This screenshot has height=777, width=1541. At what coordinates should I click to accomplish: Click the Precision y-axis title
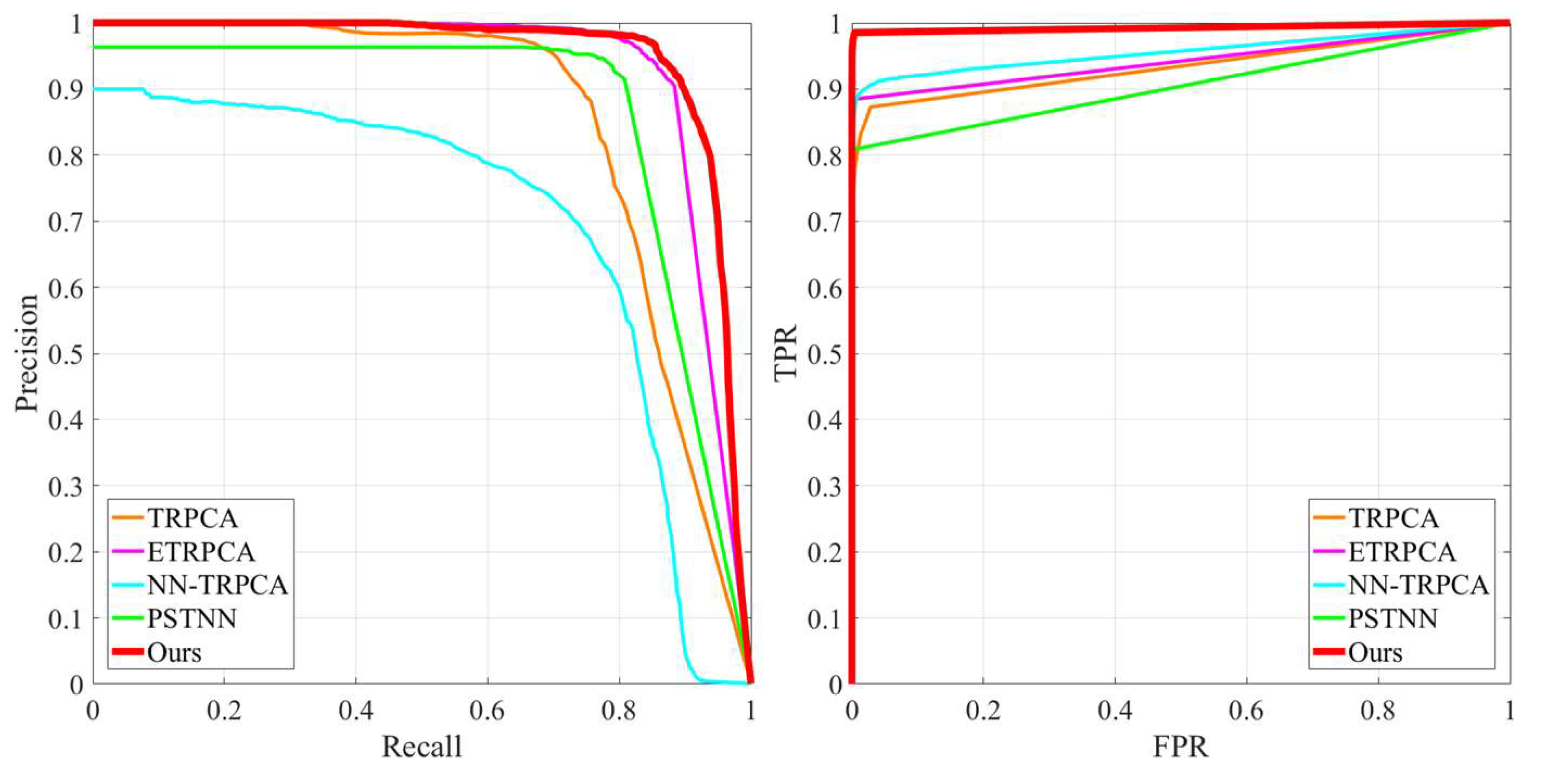click(27, 353)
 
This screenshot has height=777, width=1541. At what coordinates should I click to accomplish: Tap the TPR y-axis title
click(786, 353)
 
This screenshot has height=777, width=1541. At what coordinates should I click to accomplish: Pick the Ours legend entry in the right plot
click(1374, 653)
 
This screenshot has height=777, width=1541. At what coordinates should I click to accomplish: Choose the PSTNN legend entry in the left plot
click(191, 618)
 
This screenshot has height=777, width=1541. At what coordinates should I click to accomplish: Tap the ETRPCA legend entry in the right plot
click(1402, 551)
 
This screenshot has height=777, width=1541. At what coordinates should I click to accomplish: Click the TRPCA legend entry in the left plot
click(193, 518)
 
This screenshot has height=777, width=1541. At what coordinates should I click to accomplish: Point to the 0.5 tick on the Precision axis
click(66, 354)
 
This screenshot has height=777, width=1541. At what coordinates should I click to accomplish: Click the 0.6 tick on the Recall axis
click(488, 711)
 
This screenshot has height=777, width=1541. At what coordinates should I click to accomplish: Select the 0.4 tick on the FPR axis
click(1115, 711)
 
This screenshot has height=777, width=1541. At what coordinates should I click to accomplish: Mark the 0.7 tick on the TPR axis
click(824, 222)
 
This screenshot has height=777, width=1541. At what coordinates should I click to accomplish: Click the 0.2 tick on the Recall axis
click(225, 711)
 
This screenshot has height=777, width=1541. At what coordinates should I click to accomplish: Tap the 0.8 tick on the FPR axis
click(1379, 711)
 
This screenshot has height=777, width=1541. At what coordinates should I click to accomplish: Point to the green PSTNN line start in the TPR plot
click(856, 148)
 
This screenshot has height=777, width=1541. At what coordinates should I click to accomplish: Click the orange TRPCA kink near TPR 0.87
click(871, 106)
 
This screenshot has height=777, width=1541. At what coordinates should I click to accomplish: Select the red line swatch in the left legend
click(127, 651)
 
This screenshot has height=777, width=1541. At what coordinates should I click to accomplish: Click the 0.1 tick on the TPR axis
click(824, 618)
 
